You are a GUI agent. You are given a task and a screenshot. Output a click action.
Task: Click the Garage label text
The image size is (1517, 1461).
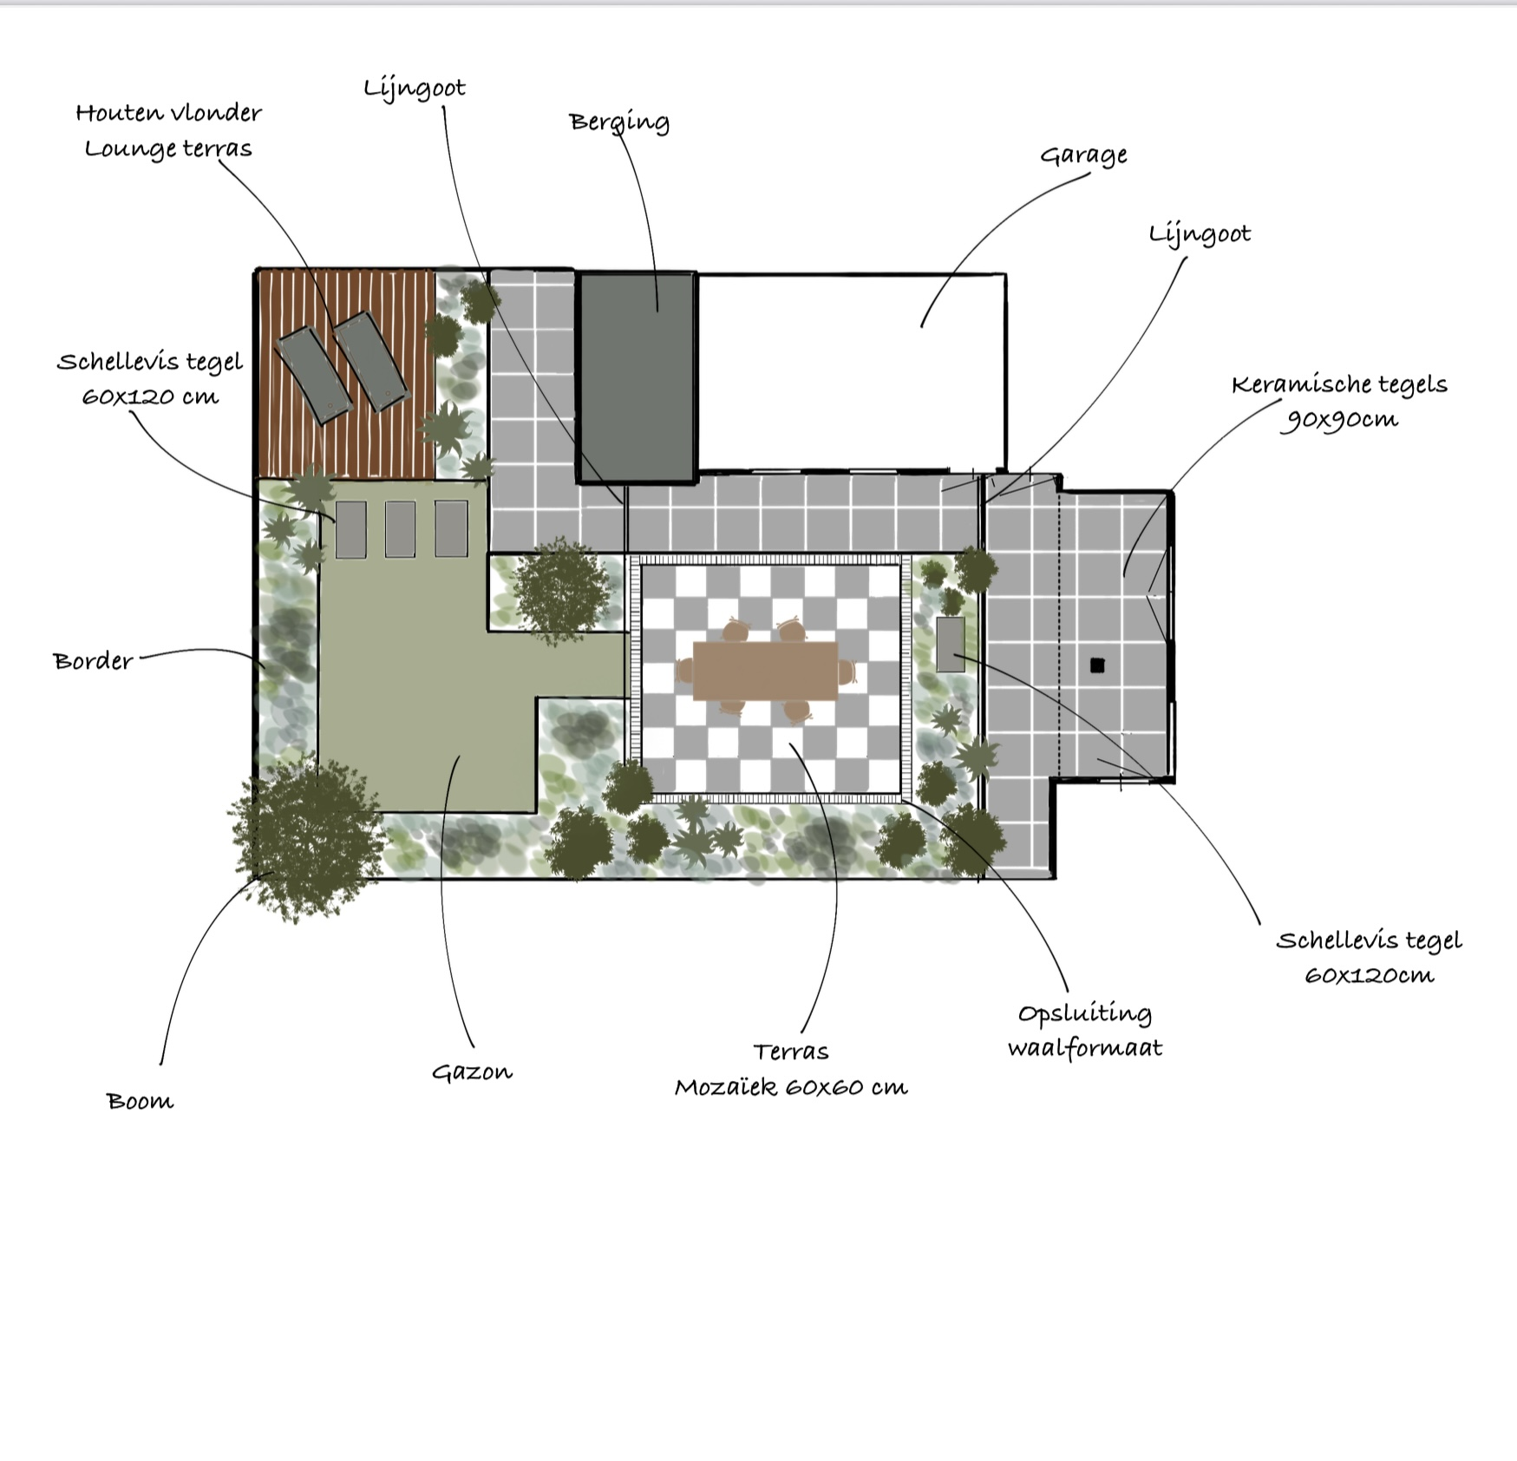pos(1083,155)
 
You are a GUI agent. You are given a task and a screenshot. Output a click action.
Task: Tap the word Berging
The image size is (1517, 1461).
pos(619,122)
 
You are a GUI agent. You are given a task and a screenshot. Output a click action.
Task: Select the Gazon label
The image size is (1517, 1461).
pos(472,1072)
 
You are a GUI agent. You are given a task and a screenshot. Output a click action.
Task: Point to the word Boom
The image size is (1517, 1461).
pos(140,1102)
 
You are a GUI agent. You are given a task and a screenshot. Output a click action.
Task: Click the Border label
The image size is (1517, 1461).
pos(93,661)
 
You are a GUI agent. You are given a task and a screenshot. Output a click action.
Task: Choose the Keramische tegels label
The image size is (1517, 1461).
pos(1339,401)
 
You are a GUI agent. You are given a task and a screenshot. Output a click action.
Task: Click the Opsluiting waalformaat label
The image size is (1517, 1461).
pos(1085,1031)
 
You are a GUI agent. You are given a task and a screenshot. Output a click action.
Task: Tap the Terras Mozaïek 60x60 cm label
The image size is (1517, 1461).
pos(791,1069)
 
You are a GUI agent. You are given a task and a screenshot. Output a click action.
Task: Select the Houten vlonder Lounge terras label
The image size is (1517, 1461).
pos(168,130)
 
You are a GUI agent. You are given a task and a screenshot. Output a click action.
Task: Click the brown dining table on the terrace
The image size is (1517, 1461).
pos(765,671)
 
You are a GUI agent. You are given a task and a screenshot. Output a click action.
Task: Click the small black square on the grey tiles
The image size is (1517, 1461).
pos(1097,665)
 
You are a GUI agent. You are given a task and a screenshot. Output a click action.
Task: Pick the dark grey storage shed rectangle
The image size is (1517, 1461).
pos(637,377)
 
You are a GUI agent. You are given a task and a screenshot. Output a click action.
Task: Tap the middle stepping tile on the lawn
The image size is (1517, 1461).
pos(400,528)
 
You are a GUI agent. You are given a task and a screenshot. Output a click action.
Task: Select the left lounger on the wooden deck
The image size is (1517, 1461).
pos(312,376)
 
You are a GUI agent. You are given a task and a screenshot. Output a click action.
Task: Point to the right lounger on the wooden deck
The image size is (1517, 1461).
pos(372,362)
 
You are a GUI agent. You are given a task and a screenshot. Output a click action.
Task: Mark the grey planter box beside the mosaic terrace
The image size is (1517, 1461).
pos(951,644)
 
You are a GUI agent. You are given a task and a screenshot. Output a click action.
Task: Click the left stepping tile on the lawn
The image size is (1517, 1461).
pos(350,529)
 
